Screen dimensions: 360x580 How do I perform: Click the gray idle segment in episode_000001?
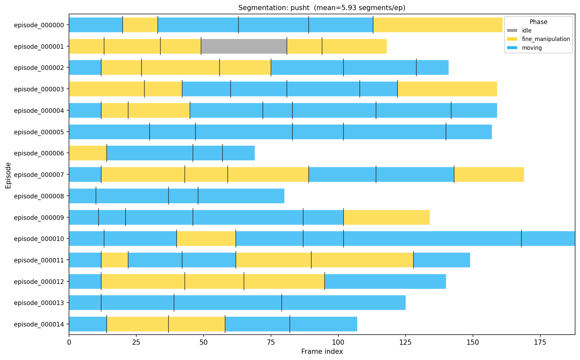(244, 46)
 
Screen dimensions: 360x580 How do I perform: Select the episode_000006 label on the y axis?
(41, 153)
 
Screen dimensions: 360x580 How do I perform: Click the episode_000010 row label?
(41, 239)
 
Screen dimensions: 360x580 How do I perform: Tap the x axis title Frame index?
(322, 352)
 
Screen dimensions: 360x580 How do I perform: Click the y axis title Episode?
(8, 175)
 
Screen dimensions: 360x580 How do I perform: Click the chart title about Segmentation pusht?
(322, 7)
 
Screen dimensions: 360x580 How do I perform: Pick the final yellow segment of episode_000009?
(386, 217)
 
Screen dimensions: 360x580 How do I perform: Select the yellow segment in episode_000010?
(206, 239)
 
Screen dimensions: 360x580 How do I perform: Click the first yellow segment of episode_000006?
(88, 153)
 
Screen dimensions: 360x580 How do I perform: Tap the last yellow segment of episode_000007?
(489, 175)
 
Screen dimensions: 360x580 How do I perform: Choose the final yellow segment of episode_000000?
(438, 25)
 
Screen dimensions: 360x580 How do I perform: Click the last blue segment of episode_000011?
(441, 260)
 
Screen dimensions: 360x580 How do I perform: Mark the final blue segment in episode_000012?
(385, 281)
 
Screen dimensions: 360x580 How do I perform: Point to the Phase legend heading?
(538, 22)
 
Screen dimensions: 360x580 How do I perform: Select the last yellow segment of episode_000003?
(447, 89)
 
